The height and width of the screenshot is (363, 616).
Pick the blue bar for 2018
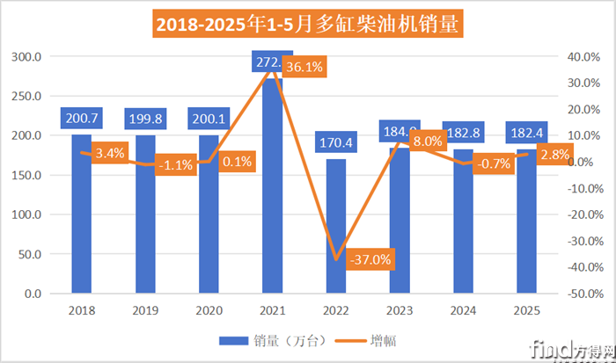81,220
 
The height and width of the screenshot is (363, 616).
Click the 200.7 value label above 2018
81,118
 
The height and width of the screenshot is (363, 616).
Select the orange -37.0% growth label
370,259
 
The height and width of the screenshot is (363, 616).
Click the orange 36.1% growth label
305,66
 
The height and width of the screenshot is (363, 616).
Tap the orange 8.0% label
427,142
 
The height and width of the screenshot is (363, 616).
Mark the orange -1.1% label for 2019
177,164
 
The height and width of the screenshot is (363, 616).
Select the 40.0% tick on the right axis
583,57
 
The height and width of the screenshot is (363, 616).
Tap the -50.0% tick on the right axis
583,294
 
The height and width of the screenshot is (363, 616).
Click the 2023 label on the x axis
398,311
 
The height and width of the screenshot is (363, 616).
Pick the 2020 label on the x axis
208,311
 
